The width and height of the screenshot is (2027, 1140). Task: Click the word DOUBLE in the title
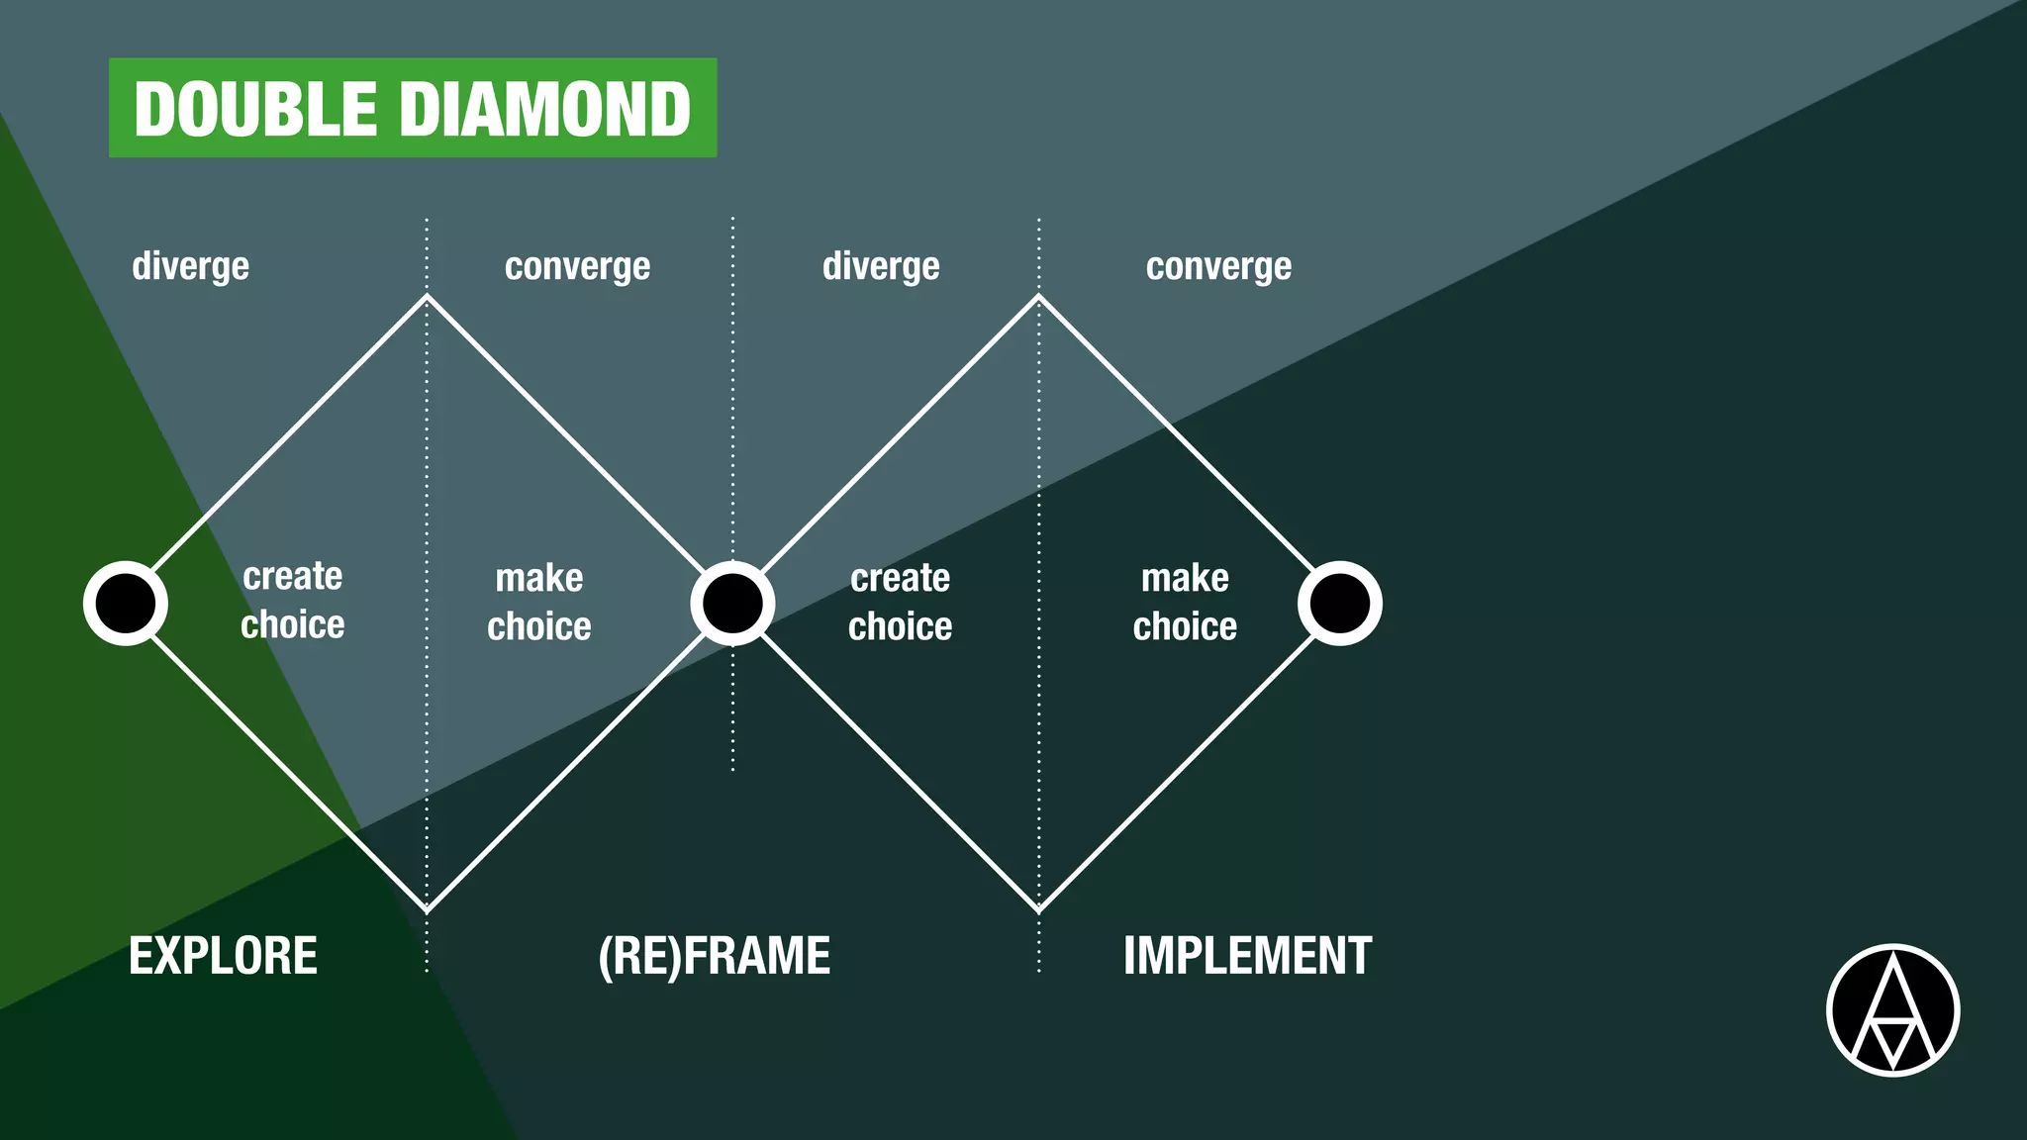(x=255, y=109)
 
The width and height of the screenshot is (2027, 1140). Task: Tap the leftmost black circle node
(x=126, y=604)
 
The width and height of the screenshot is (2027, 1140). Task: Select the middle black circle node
(x=732, y=604)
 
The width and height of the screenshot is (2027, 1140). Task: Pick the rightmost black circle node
(x=1340, y=604)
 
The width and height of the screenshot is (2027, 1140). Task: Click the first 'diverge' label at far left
(x=190, y=266)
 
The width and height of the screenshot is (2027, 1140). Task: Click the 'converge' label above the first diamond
(x=577, y=266)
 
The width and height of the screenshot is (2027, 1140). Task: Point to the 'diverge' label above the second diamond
(x=881, y=266)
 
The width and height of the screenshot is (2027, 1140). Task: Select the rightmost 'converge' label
(x=1218, y=266)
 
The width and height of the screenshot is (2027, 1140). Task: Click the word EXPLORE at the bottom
(x=223, y=956)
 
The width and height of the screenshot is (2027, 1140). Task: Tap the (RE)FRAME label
(x=714, y=956)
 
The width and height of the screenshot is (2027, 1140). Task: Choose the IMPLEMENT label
(x=1247, y=956)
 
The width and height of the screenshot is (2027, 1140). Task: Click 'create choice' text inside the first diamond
(x=293, y=601)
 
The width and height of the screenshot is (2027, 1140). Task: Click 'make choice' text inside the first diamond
(x=539, y=602)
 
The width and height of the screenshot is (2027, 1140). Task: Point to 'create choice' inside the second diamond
(x=900, y=602)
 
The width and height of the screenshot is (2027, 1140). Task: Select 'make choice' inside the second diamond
(x=1185, y=602)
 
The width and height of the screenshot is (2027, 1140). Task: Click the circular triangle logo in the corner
(x=1892, y=1010)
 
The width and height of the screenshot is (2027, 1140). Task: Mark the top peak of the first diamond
(x=427, y=296)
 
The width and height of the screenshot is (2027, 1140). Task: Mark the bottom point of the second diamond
(x=1038, y=909)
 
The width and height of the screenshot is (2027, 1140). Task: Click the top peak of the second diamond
(x=1038, y=296)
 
